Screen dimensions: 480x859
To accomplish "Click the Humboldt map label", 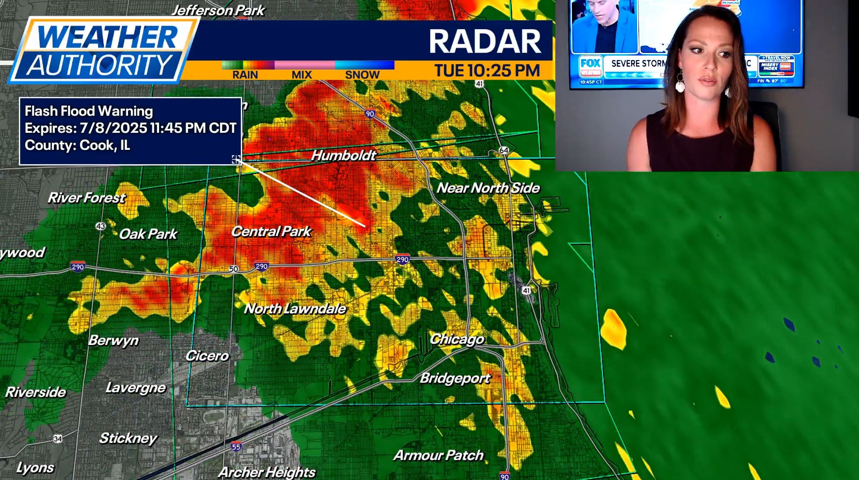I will pyautogui.click(x=344, y=155).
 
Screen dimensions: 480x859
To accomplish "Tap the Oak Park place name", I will pyautogui.click(x=148, y=234).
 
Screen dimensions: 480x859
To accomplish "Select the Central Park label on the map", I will pyautogui.click(x=271, y=231).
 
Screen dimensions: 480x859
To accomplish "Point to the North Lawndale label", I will pyautogui.click(x=295, y=309).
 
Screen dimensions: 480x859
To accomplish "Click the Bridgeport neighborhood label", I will pyautogui.click(x=455, y=378).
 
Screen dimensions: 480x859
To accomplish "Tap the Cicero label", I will pyautogui.click(x=207, y=356).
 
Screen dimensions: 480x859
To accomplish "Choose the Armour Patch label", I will pyautogui.click(x=438, y=455).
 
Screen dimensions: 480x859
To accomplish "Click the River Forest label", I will pyautogui.click(x=87, y=198).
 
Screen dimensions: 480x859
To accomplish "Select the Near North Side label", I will pyautogui.click(x=488, y=188).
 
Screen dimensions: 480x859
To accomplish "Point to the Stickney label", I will pyautogui.click(x=128, y=438).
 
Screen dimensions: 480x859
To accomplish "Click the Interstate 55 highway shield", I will pyautogui.click(x=236, y=446).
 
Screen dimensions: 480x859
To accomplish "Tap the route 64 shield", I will pyautogui.click(x=504, y=150).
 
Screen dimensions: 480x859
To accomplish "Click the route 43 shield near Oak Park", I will pyautogui.click(x=100, y=226).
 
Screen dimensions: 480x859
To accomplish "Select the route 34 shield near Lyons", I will pyautogui.click(x=58, y=438).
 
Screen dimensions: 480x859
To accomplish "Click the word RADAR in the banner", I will pyautogui.click(x=485, y=41).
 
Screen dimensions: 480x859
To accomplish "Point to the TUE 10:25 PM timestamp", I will pyautogui.click(x=487, y=70).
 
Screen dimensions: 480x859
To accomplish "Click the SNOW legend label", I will pyautogui.click(x=362, y=75).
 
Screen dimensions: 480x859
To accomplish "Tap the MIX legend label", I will pyautogui.click(x=301, y=75).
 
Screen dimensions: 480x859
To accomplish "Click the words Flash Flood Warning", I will pyautogui.click(x=89, y=111).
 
